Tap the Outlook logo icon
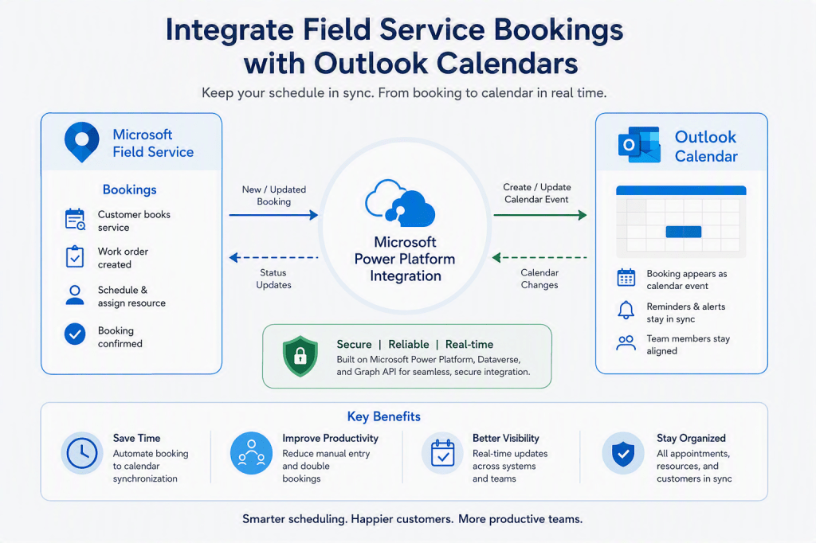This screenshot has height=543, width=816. (x=639, y=145)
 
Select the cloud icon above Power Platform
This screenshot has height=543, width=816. (x=400, y=203)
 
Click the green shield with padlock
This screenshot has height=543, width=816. (x=300, y=356)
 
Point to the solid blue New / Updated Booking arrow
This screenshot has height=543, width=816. (x=274, y=215)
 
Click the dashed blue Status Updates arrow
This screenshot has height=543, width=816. (x=274, y=257)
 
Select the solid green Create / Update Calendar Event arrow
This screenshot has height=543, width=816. (x=540, y=215)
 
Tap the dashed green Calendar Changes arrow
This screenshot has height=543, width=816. (x=539, y=257)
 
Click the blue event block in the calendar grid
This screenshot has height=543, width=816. (x=683, y=232)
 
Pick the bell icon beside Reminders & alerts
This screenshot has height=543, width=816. (x=626, y=310)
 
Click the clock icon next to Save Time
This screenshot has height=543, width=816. (x=82, y=453)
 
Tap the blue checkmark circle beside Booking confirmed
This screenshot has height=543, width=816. (x=75, y=334)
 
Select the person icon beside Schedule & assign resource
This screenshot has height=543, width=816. (x=75, y=295)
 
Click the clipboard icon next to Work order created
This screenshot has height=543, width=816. (x=75, y=256)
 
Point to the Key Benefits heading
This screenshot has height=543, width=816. (x=384, y=416)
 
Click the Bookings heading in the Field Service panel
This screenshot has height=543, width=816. (x=130, y=189)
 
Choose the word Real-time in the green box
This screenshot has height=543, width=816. (x=469, y=344)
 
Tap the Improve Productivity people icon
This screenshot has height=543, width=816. (x=251, y=453)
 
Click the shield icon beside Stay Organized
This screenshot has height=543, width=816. (x=623, y=453)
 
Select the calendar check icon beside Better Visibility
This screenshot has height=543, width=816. (x=443, y=453)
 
